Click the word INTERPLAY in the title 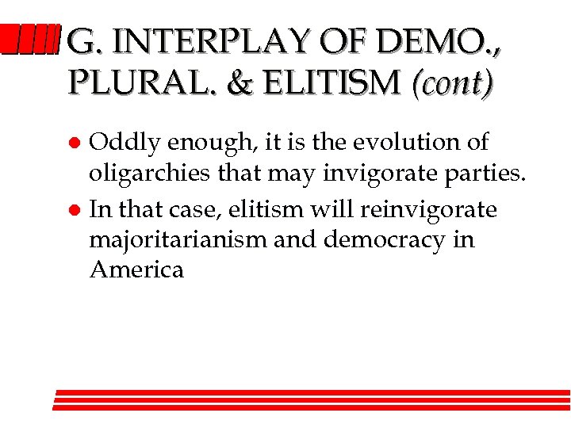click(224, 40)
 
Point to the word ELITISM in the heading click(332, 81)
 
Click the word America click(136, 269)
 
